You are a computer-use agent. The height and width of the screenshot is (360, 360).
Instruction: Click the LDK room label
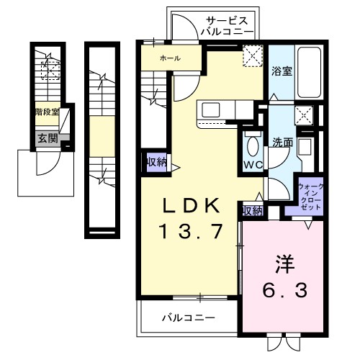point(190,207)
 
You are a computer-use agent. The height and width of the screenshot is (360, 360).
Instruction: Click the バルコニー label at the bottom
point(186,316)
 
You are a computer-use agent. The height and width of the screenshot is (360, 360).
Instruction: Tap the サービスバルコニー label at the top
point(228,26)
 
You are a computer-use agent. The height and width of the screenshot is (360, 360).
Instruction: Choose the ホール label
point(170,58)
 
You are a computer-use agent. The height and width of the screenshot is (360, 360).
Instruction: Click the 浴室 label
point(282,71)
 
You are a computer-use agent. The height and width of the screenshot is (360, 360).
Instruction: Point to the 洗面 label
point(282,142)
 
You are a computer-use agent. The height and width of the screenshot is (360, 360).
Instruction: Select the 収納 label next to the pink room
point(251,210)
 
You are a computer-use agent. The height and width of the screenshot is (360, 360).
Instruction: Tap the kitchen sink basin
point(212,109)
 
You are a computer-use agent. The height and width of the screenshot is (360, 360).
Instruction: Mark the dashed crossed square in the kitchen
point(253,55)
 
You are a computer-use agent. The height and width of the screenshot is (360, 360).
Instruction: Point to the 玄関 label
point(44,138)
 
